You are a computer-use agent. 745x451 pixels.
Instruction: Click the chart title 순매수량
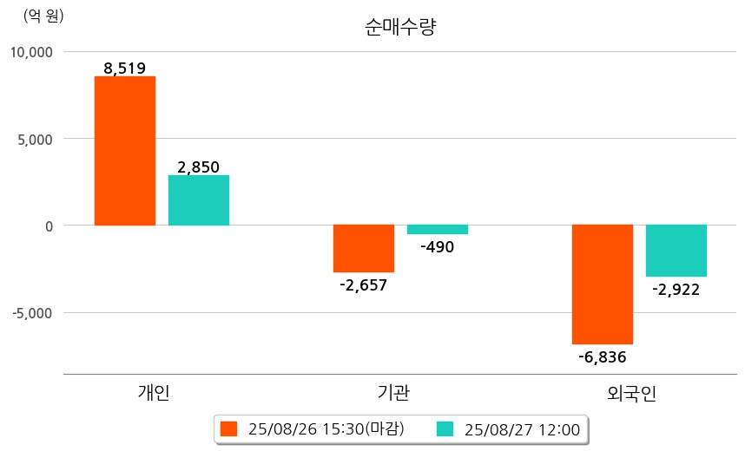click(x=400, y=27)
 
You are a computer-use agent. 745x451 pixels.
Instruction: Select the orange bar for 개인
click(x=125, y=151)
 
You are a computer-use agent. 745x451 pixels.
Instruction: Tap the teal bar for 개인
click(x=199, y=200)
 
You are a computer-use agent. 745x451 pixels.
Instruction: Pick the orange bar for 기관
click(x=364, y=248)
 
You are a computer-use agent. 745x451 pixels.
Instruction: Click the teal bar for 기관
click(x=438, y=230)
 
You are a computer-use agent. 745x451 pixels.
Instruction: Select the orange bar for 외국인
click(x=603, y=284)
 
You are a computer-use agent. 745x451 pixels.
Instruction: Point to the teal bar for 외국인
click(x=676, y=251)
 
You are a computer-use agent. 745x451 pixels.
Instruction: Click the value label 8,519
click(x=124, y=68)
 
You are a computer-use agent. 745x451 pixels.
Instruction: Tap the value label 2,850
click(x=198, y=167)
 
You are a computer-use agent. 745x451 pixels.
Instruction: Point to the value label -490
click(x=437, y=247)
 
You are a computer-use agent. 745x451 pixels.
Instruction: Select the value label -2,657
click(x=363, y=284)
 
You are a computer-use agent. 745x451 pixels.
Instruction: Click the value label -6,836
click(x=602, y=356)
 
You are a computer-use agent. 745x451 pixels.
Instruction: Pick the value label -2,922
click(x=676, y=289)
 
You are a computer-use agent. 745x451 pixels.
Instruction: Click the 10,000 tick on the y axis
click(x=31, y=52)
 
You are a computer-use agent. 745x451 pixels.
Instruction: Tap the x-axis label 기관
click(x=395, y=393)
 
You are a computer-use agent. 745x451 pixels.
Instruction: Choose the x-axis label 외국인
click(x=632, y=393)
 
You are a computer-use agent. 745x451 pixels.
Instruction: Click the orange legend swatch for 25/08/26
click(x=229, y=428)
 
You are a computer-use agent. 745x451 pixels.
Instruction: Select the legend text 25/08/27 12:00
click(x=522, y=428)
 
